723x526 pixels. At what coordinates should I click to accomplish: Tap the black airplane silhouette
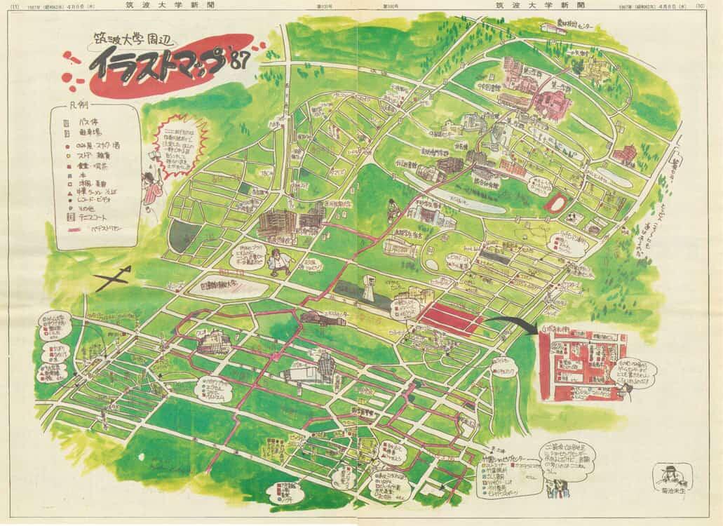click(x=112, y=280)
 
